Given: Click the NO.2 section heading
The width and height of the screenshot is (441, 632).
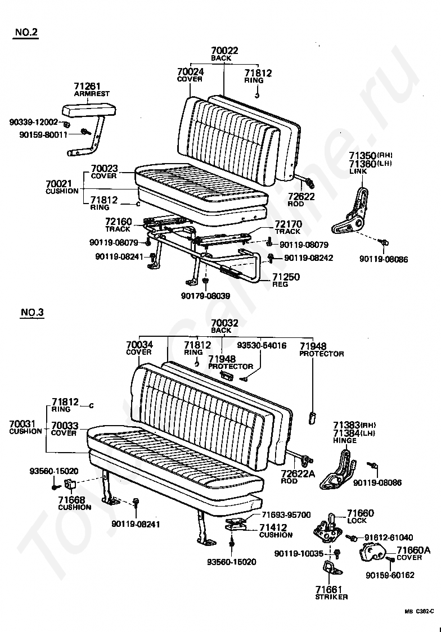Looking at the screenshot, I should click(26, 32).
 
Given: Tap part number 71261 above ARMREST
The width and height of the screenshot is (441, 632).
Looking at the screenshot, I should click(87, 86).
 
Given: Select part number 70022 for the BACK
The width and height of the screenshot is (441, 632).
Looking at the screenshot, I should click(224, 51).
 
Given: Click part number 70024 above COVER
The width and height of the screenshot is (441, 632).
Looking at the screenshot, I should click(190, 72).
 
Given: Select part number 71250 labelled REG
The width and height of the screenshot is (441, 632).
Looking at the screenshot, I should click(286, 277).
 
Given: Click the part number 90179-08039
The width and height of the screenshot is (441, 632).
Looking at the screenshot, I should click(205, 296).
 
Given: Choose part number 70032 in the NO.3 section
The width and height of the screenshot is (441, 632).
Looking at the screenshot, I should click(224, 323).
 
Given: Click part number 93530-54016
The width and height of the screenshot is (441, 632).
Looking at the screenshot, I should click(261, 345).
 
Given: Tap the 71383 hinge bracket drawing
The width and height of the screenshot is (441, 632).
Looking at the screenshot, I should click(337, 471).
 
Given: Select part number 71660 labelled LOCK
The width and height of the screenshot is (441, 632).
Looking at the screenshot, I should click(360, 513).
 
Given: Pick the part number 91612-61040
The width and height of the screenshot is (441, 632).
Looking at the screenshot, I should click(389, 538).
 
